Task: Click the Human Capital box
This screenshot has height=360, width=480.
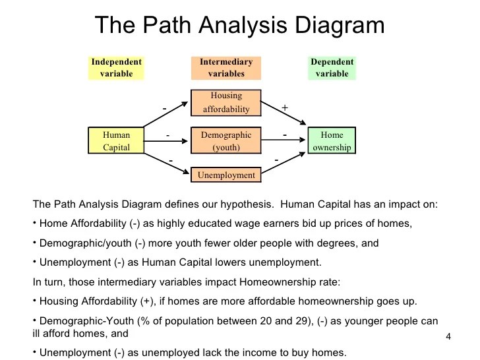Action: click(x=116, y=140)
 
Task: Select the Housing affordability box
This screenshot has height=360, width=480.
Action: click(x=226, y=102)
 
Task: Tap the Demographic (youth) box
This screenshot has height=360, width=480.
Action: click(x=226, y=140)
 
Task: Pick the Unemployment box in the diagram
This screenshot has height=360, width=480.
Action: click(x=226, y=175)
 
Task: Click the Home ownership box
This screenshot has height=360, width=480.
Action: click(x=332, y=140)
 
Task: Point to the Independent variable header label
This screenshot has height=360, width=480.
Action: click(x=116, y=67)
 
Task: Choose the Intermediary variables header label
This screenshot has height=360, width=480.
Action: click(x=226, y=67)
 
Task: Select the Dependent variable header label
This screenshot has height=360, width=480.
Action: click(x=332, y=67)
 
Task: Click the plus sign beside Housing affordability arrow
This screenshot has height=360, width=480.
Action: click(x=285, y=107)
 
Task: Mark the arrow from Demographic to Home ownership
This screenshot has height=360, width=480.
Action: click(x=285, y=140)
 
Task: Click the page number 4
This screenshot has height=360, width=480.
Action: click(x=448, y=338)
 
